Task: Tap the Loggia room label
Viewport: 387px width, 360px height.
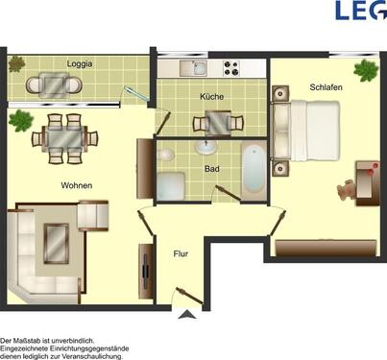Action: coord(80,64)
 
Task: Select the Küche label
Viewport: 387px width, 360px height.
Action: coord(212,97)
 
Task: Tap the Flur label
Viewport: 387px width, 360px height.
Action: coord(180,254)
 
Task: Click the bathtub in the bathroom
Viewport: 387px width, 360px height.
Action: coord(251,170)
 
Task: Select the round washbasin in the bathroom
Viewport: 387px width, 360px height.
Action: coord(205,148)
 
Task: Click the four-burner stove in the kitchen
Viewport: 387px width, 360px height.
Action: coord(231,68)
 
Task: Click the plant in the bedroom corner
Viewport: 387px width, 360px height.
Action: coord(365,70)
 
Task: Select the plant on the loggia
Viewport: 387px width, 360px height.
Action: coord(16,64)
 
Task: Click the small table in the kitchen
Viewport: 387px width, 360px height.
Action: coord(213,123)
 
